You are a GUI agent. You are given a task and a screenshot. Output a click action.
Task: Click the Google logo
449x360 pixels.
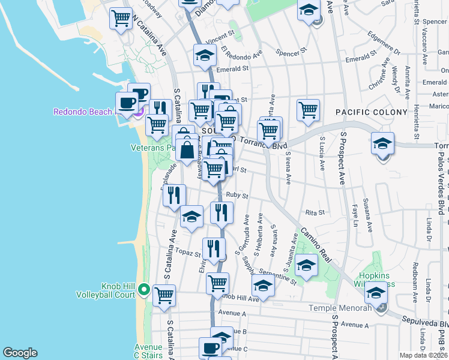[20, 353]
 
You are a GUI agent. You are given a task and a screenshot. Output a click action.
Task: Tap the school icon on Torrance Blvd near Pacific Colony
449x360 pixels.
[382, 144]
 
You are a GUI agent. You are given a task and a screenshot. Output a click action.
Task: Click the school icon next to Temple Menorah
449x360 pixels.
[376, 293]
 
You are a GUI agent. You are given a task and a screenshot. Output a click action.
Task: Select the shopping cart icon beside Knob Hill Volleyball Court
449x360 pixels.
[164, 295]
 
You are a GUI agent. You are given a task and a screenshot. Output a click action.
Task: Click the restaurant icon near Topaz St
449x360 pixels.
[214, 248]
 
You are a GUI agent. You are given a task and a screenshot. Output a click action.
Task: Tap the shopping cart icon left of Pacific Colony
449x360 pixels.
[308, 110]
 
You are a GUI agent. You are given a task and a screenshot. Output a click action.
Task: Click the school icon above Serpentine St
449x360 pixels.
[306, 265]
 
